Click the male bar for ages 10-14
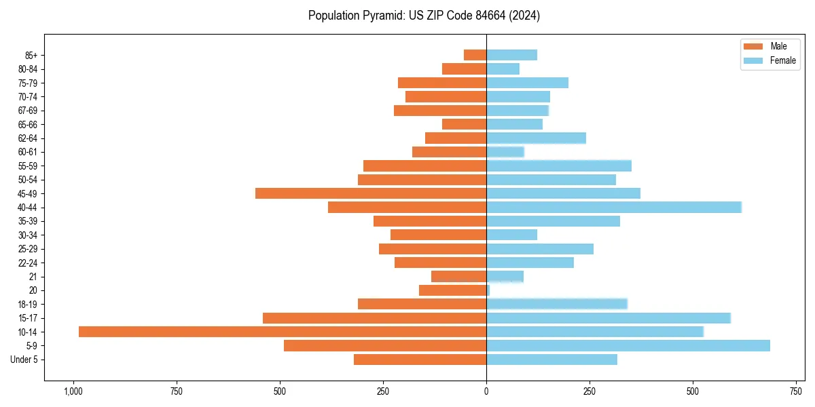(283, 332)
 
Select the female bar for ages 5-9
(628, 345)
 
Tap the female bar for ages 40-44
(614, 207)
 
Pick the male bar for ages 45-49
(371, 193)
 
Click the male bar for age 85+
(475, 55)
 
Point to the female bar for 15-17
(609, 318)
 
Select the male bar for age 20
(452, 290)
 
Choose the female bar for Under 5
(551, 360)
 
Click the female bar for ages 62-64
(536, 138)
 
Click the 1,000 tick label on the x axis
(73, 391)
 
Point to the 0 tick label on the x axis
(486, 391)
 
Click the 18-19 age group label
(28, 305)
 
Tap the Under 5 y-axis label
(24, 360)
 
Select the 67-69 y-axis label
(28, 111)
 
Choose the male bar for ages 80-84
(464, 69)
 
